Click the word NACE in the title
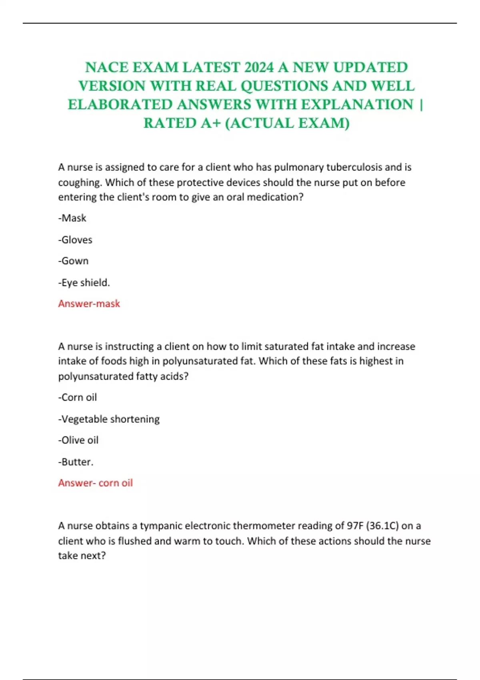point(107,68)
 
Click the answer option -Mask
point(72,218)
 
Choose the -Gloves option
point(75,240)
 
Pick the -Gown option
point(74,261)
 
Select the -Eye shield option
point(84,282)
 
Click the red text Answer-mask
point(89,304)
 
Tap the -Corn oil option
point(78,397)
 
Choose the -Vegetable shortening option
point(109,419)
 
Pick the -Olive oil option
point(78,440)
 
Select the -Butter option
point(76,462)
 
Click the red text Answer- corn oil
point(95,483)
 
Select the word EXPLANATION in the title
point(357,105)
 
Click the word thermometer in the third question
point(264,526)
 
